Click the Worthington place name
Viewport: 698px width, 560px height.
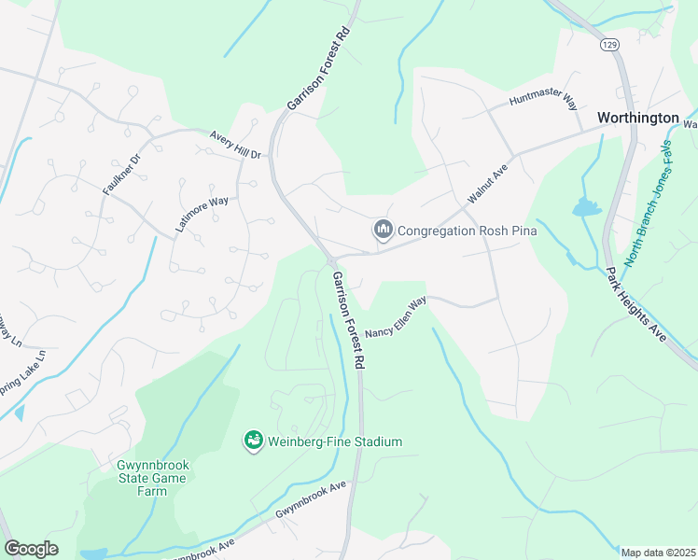[638, 118]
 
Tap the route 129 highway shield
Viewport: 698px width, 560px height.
[609, 44]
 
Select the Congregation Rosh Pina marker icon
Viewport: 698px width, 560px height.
[383, 230]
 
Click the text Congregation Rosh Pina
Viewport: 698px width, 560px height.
[461, 231]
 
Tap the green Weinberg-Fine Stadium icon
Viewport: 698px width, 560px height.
[252, 441]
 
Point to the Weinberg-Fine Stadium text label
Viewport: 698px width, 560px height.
[335, 441]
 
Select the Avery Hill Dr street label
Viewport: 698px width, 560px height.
[235, 144]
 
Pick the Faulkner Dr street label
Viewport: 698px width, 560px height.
[120, 174]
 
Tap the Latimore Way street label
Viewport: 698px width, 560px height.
[202, 214]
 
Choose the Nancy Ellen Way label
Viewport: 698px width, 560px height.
[395, 317]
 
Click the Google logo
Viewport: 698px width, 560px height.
[31, 548]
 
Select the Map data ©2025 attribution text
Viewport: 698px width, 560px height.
[658, 553]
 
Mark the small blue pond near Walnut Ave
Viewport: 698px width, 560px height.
[587, 207]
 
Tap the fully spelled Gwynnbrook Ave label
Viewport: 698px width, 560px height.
[310, 501]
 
